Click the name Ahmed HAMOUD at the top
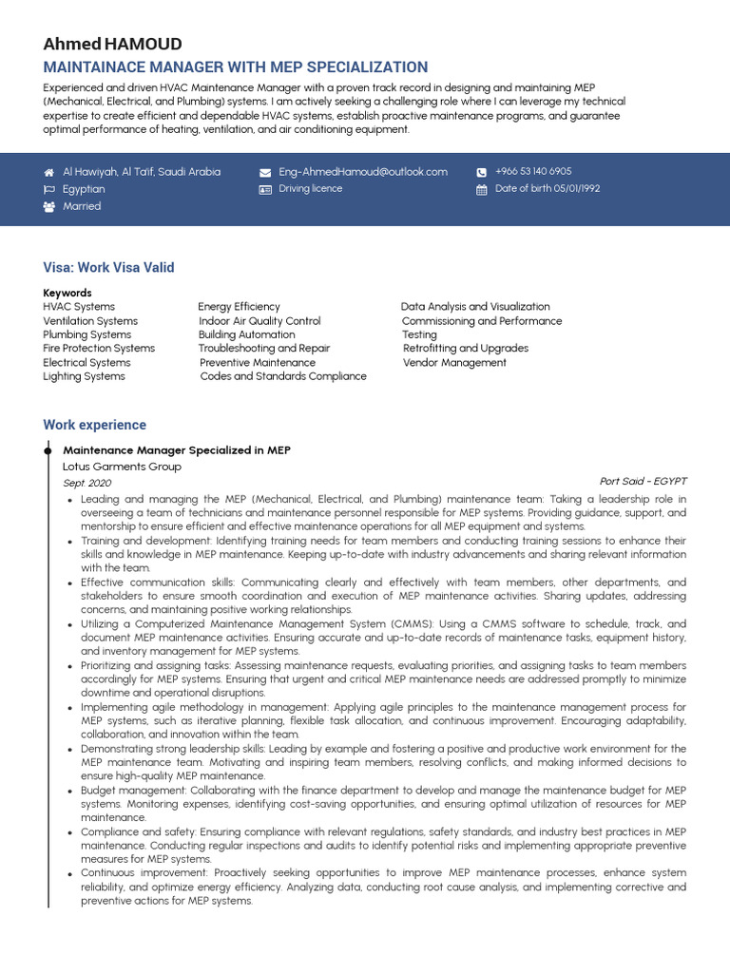point(112,45)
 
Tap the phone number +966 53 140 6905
point(533,172)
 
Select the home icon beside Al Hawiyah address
point(49,173)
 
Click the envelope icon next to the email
point(265,173)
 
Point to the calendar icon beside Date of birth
point(482,190)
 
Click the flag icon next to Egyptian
point(49,190)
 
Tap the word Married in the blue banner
point(82,206)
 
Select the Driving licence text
point(310,189)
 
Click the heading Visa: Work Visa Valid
point(108,268)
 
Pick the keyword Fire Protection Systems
point(99,349)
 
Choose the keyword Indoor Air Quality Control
point(259,321)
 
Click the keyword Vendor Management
point(454,363)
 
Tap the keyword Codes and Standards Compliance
point(282,376)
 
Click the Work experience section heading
point(95,425)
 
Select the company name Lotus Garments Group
point(122,467)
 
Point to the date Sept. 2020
point(86,483)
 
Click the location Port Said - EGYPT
point(643,481)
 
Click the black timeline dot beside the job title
point(48,449)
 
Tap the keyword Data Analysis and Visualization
point(475,307)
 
